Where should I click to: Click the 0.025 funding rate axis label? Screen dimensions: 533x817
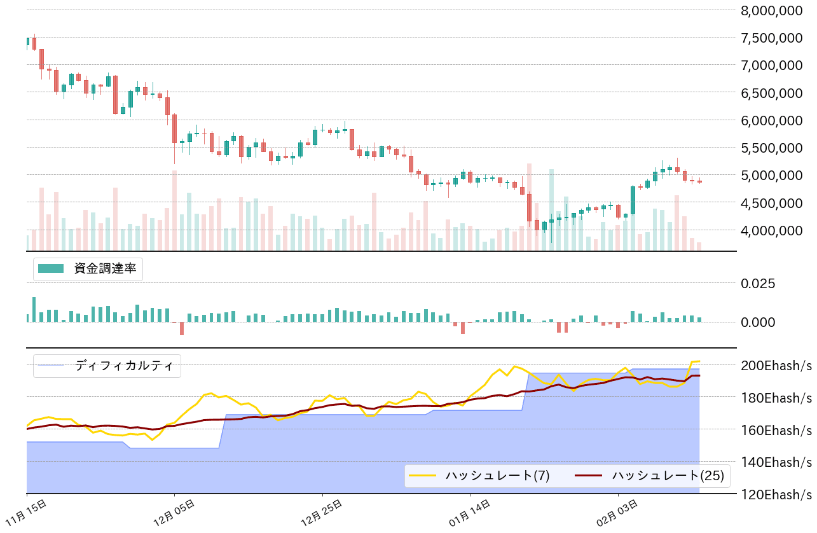pos(758,283)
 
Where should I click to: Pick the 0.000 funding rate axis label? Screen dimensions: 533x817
pos(758,322)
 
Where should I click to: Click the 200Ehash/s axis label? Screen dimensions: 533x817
pos(776,365)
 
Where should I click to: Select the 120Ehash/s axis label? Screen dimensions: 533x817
pos(776,494)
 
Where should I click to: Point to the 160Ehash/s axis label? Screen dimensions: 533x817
pos(776,430)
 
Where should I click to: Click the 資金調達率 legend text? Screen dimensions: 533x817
pos(105,268)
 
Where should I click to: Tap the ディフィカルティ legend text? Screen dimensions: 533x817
pos(124,366)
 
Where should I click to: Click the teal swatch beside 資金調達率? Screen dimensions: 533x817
pos(51,268)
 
